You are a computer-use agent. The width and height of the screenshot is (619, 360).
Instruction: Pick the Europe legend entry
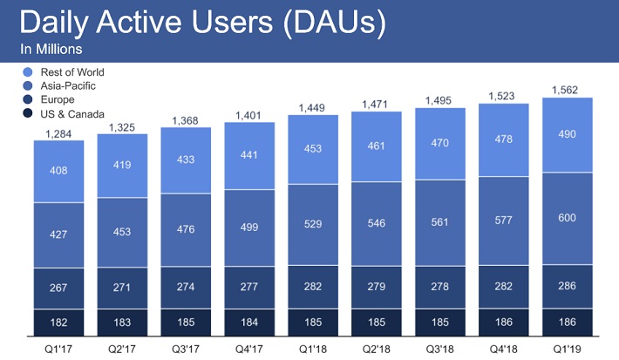click(x=53, y=100)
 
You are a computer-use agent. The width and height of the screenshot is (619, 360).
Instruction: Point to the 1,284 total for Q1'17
click(x=59, y=132)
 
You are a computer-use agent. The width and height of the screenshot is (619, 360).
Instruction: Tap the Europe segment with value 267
click(x=59, y=289)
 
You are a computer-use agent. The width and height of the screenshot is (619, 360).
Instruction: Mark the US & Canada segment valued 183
click(x=123, y=323)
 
